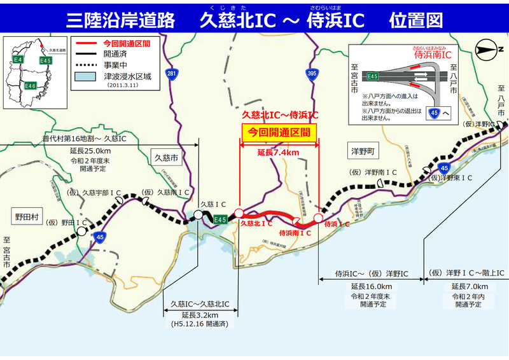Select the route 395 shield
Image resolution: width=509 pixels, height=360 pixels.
(310, 74)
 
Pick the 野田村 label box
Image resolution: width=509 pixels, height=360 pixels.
(27, 216)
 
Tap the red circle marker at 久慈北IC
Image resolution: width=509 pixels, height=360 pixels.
(239, 213)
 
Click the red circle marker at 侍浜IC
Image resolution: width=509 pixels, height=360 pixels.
(318, 217)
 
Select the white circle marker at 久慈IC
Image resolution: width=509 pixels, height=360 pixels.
(199, 216)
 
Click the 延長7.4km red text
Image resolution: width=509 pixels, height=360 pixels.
(278, 153)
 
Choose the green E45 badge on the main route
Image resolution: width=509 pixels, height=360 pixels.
(220, 219)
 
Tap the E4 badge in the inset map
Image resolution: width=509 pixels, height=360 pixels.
(18, 60)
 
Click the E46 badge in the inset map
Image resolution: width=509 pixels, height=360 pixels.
(31, 85)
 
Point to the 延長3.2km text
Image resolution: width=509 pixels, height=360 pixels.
(199, 315)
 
